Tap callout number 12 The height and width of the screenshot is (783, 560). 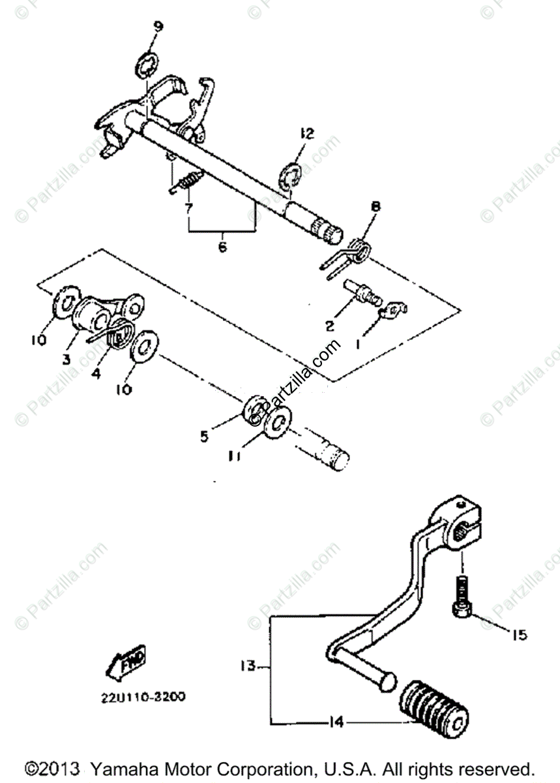pos(306,134)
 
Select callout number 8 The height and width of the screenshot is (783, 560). pos(376,207)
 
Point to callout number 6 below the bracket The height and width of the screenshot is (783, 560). pos(222,247)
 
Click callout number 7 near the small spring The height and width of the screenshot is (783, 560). pos(189,209)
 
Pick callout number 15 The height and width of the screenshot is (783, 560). pos(519,634)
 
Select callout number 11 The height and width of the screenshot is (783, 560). pos(235,457)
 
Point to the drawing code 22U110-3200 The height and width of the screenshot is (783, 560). pos(142,697)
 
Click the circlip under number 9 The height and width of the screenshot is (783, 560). pos(147,67)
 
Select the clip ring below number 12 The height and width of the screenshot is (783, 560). pos(289,177)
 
